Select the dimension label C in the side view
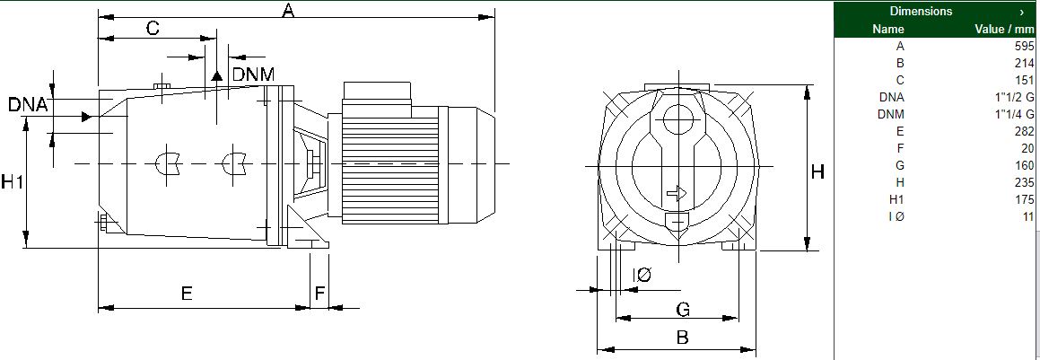(x=153, y=28)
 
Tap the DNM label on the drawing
(x=253, y=75)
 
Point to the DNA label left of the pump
(x=28, y=105)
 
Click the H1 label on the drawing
(x=12, y=181)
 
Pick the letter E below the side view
(x=187, y=293)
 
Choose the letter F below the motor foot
(x=320, y=293)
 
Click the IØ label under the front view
(x=642, y=275)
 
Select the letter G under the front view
(x=683, y=309)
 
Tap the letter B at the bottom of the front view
(x=682, y=337)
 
